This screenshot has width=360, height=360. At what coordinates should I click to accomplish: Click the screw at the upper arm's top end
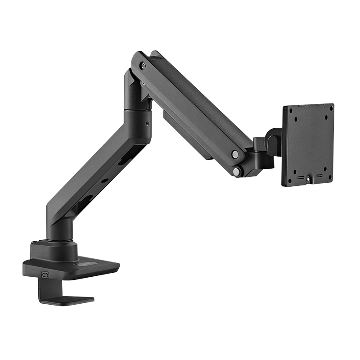(143, 66)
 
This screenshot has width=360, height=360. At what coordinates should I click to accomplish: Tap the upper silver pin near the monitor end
(235, 154)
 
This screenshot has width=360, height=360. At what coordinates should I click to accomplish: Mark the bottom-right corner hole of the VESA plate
(329, 177)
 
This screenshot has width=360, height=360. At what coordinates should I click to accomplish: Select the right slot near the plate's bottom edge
(319, 175)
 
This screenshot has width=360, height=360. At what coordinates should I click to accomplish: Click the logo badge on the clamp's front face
(45, 274)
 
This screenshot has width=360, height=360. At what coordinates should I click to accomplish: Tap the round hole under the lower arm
(104, 180)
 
